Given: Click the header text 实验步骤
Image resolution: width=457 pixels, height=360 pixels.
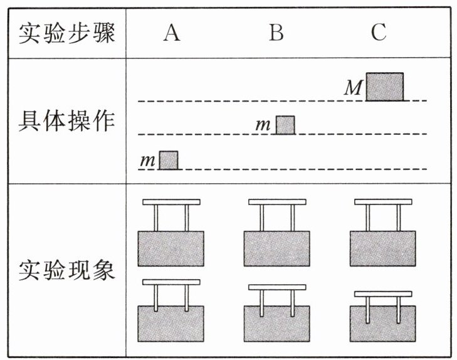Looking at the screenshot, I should [x=66, y=33].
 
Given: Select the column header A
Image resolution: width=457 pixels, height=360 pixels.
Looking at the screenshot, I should [x=171, y=33].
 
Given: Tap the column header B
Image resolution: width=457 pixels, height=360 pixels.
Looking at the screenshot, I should [x=276, y=33].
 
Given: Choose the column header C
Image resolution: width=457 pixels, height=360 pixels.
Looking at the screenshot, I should [x=378, y=33].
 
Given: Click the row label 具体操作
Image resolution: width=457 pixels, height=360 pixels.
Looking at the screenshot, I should [x=66, y=122].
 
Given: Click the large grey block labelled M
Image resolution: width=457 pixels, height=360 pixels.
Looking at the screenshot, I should [x=384, y=87].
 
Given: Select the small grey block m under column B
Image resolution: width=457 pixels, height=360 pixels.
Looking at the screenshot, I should [x=285, y=125].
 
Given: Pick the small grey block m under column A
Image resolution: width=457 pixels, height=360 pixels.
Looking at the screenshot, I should [x=168, y=160].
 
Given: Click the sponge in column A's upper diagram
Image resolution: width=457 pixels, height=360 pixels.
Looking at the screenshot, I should [x=171, y=248].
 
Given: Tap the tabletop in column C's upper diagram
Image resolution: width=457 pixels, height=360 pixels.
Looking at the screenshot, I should [x=383, y=202].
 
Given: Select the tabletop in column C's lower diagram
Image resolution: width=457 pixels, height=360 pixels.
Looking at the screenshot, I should [x=383, y=294].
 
